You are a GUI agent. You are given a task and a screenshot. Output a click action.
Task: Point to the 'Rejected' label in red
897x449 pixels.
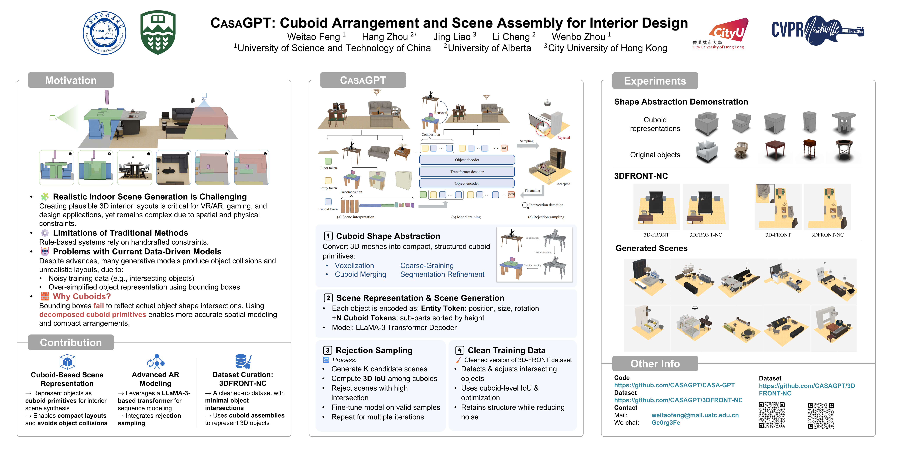pyautogui.click(x=563, y=138)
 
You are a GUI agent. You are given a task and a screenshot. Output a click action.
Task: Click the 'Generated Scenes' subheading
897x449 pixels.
pyautogui.click(x=651, y=248)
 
